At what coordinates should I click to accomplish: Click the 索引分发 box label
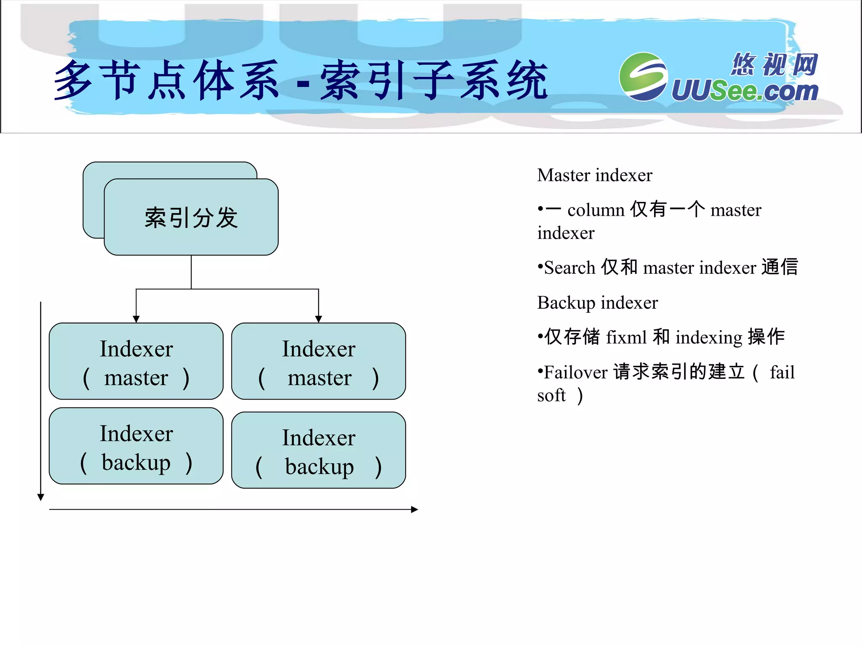(x=191, y=217)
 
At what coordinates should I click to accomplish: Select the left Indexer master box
(x=136, y=361)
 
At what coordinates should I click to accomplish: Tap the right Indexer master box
(x=319, y=361)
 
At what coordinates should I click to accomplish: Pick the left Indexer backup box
(x=136, y=446)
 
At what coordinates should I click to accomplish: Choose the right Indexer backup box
(x=319, y=450)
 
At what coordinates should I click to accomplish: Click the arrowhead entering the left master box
(x=136, y=319)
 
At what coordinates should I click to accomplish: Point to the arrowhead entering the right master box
(x=319, y=319)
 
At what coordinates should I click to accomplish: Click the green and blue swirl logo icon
(x=643, y=77)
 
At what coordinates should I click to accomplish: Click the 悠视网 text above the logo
(x=774, y=64)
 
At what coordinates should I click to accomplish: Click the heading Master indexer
(x=594, y=175)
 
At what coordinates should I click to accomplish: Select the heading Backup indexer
(x=597, y=303)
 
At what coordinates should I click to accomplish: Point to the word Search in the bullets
(x=569, y=268)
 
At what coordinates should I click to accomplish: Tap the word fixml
(x=626, y=337)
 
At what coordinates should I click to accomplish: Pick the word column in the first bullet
(x=596, y=210)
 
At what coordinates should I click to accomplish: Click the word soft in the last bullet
(x=551, y=395)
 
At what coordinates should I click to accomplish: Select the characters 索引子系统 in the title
(x=434, y=80)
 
